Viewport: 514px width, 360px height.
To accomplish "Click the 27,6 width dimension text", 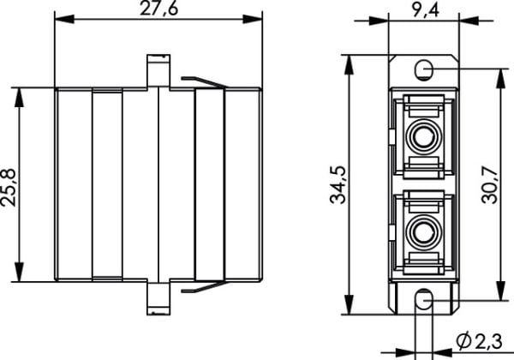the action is (159, 9).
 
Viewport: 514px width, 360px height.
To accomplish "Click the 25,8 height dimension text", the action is (9, 188).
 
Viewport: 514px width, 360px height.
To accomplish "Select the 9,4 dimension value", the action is (426, 9).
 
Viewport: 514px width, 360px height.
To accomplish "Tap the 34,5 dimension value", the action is (338, 185).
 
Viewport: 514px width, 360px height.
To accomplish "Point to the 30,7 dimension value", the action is (490, 185).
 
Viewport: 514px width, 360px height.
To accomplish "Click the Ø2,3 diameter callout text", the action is (479, 341).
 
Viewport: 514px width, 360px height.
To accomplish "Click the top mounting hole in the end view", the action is (423, 69).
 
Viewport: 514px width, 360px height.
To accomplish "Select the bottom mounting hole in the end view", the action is (424, 300).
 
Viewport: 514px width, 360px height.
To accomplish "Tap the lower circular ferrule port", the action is (423, 231).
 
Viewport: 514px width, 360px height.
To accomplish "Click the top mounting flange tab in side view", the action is (158, 71).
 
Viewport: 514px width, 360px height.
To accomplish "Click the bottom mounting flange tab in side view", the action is (158, 298).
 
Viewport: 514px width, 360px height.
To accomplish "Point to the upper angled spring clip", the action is (203, 82).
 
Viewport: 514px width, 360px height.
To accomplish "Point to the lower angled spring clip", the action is (203, 287).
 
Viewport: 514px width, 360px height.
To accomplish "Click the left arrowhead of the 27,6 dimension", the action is (64, 19).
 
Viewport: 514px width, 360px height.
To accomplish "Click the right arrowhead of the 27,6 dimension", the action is (253, 19).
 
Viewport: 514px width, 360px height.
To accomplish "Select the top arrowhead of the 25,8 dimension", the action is (20, 98).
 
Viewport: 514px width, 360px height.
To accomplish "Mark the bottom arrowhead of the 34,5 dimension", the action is (350, 304).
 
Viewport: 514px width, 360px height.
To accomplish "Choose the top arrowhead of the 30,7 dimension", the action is (500, 79).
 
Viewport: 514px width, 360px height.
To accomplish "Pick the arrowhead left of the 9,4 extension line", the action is (379, 21).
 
